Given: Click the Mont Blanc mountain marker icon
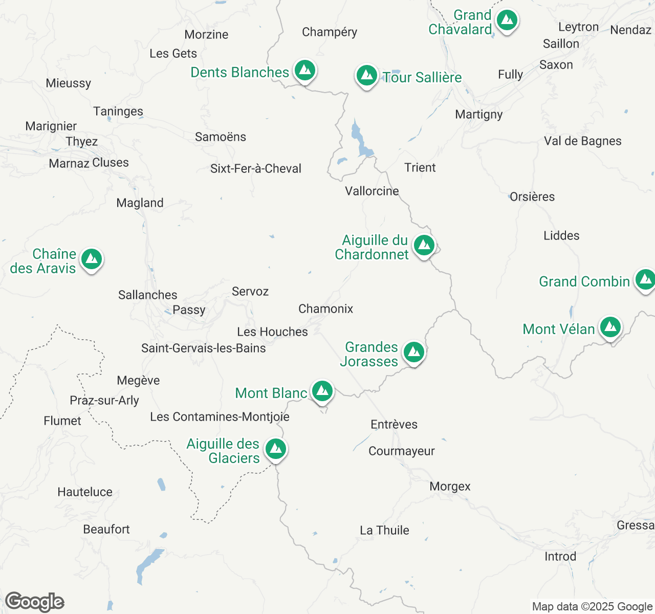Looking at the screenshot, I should point(322,392).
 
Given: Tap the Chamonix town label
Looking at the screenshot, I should point(326,309).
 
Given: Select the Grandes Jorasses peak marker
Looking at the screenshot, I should point(413,353).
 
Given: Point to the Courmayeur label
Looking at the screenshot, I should point(402,451).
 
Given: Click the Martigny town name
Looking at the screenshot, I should point(479,114).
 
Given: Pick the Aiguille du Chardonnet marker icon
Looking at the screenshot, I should point(424,246).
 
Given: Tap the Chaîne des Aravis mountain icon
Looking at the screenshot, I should point(91,259).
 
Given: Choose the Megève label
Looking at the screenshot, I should point(138,380).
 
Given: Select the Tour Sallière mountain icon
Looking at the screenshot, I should point(366,76).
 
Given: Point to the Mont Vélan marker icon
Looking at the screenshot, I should point(610,327).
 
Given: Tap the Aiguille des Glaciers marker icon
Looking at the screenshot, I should point(276,449).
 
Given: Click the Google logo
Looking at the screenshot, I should point(34,602).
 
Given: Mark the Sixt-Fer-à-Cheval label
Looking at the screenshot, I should point(256,168).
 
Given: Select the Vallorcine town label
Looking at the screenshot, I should point(372,191).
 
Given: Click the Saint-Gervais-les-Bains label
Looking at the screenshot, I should point(204,348).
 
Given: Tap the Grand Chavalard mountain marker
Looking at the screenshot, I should point(507,21).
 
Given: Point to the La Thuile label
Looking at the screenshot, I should point(384,530).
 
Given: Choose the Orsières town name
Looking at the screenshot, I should point(532,196).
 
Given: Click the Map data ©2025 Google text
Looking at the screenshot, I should point(592,606).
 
